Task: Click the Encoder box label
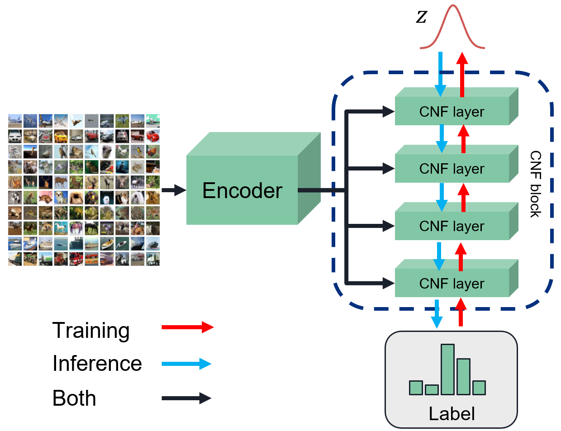242,190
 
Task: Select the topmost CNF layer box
452,111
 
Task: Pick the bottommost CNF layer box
452,283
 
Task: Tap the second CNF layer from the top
452,168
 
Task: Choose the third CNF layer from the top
452,226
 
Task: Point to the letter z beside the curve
421,17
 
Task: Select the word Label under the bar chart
452,413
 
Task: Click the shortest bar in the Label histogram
432,389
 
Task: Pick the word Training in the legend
91,330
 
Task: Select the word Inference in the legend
97,363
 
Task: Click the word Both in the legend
74,398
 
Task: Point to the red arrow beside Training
187,327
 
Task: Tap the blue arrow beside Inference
186,364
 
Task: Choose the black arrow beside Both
186,398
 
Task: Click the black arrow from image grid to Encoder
174,190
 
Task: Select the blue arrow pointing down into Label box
437,313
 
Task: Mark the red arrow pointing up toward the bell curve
462,74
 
